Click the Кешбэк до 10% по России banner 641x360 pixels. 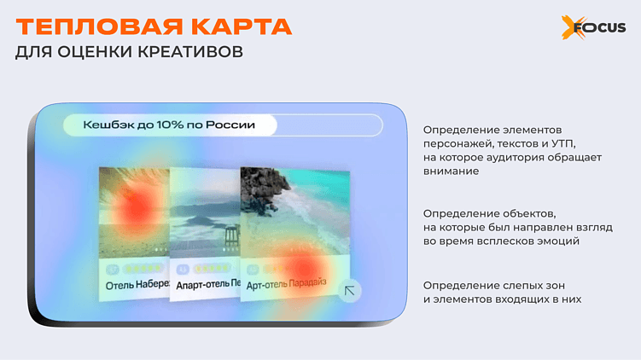click(x=169, y=125)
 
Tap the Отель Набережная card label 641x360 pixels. click(x=136, y=282)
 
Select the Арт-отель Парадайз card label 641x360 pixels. click(x=287, y=282)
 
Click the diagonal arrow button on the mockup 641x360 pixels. click(x=349, y=291)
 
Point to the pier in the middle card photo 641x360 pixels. click(x=230, y=232)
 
